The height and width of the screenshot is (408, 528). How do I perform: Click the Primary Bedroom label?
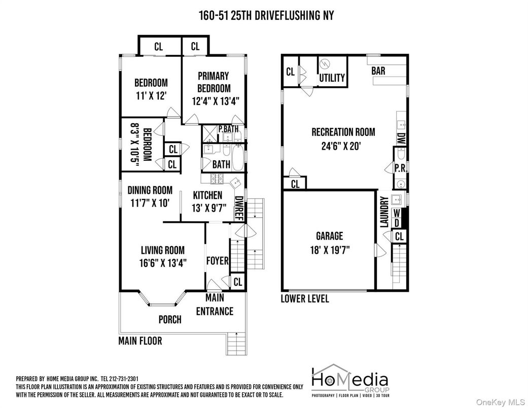213,82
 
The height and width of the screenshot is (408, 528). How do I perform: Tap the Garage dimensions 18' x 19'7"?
329,250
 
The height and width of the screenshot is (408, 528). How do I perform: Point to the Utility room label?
332,78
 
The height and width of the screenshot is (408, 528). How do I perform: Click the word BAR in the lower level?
378,71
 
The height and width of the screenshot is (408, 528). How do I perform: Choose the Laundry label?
384,212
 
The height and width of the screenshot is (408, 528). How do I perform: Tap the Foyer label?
217,261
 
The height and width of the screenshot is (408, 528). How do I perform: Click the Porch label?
169,320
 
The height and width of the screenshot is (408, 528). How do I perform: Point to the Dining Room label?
150,190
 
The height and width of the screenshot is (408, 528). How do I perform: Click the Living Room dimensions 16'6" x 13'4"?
162,263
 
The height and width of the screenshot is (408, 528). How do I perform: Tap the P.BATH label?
228,129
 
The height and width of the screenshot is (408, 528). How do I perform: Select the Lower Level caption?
305,298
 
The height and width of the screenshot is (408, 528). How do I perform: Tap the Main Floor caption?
140,341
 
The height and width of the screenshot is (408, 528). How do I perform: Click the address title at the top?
266,15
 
